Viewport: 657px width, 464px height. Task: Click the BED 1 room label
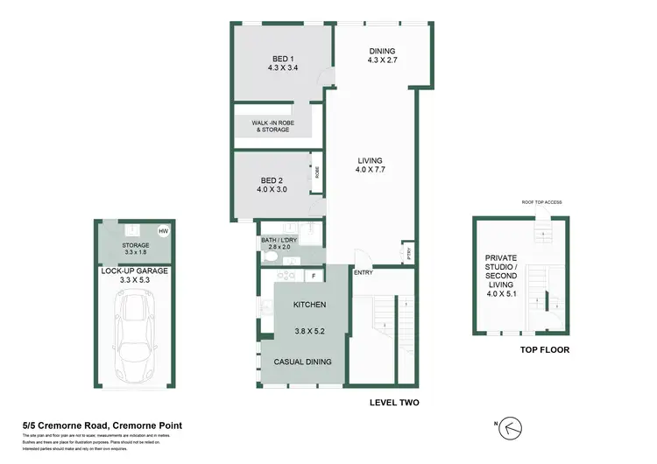(x=282, y=60)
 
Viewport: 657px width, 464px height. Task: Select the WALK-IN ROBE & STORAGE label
(x=272, y=127)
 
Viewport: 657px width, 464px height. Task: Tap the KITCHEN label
(x=309, y=305)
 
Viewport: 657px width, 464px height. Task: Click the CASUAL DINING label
(x=308, y=362)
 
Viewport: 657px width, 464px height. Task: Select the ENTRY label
(x=364, y=272)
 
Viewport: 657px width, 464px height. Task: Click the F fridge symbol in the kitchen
(x=314, y=276)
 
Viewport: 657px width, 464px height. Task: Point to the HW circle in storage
(x=163, y=231)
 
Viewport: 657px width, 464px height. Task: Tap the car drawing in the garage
(x=137, y=333)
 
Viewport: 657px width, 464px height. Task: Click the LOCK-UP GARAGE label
(x=135, y=271)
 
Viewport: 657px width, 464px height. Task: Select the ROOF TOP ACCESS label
(x=540, y=200)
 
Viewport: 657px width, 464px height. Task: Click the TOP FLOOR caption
(x=545, y=350)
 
